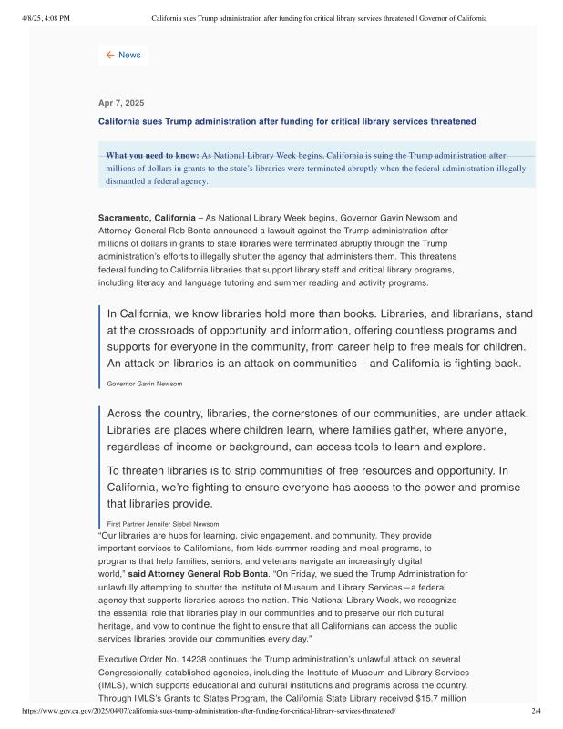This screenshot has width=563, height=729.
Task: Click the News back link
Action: tap(129, 55)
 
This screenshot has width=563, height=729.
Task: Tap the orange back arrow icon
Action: tap(110, 55)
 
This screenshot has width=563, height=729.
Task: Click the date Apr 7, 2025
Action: tap(121, 103)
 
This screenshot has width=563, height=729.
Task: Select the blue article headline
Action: tap(287, 121)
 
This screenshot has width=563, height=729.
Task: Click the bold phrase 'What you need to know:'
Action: tap(152, 156)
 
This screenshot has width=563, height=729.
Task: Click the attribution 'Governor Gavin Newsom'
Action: tap(145, 384)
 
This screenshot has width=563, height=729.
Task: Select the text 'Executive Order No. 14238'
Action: tap(152, 658)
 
